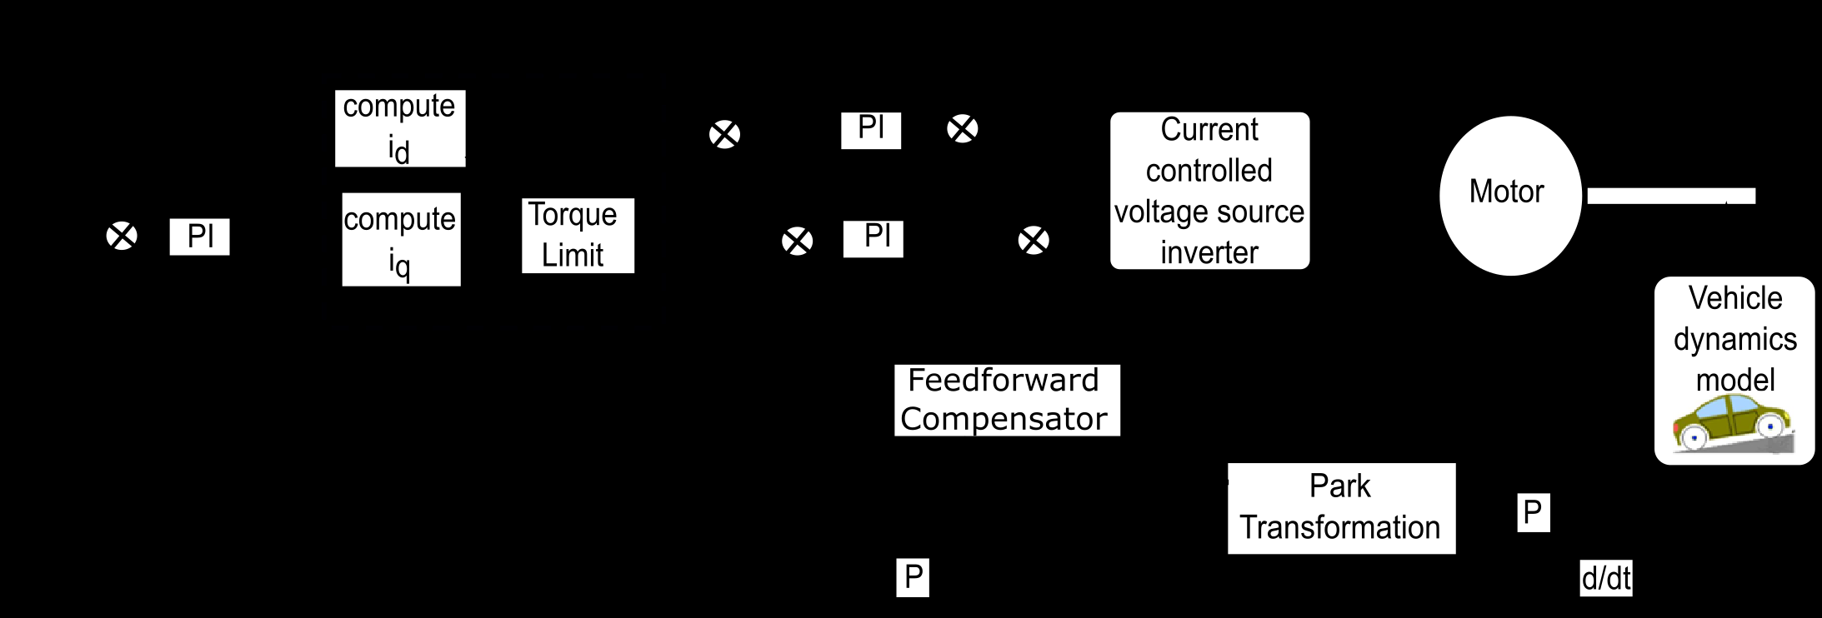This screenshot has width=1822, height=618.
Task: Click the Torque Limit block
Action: [578, 236]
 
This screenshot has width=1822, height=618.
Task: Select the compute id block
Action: [400, 128]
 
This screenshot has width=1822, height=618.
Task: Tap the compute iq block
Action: [401, 240]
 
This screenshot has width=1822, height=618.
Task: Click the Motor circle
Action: [1510, 196]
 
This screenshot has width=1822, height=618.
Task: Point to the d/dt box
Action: [1606, 578]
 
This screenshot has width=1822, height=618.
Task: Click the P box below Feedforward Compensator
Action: [913, 577]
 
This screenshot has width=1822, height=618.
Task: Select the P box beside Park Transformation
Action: [1533, 512]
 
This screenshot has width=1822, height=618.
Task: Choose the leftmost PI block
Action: [199, 237]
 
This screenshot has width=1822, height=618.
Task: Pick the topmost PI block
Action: [871, 130]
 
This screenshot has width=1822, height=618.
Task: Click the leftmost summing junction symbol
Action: [122, 236]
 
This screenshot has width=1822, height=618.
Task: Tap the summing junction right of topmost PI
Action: [963, 129]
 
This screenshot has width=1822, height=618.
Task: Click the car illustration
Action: [1732, 424]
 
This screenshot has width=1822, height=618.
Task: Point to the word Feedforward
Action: [1004, 380]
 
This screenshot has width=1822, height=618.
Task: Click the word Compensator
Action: [1004, 418]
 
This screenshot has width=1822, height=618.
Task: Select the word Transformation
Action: [1339, 527]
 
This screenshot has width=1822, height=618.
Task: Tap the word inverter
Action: [1209, 252]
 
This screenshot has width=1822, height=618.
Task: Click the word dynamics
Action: [1734, 339]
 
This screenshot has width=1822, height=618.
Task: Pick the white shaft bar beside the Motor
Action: [1670, 196]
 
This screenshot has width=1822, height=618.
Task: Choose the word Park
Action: [1339, 486]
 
